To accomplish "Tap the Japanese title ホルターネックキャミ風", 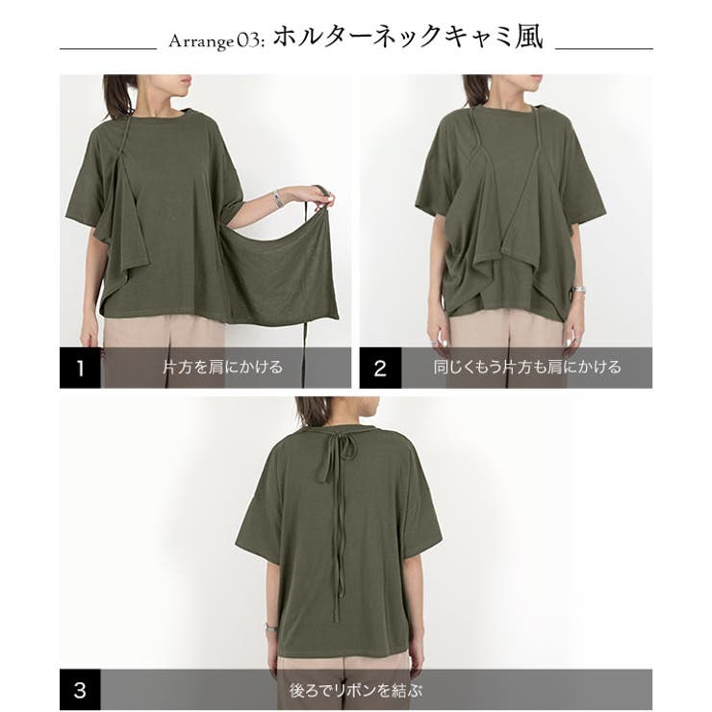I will [x=408, y=38].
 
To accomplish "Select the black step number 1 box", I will [x=80, y=368].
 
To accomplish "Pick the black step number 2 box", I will [x=379, y=368].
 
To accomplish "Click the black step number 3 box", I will [x=80, y=689].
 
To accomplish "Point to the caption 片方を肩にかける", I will [x=222, y=367].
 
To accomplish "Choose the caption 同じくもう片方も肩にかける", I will [x=526, y=367].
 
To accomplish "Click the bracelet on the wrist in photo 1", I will [x=278, y=198].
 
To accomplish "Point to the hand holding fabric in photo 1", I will [x=319, y=198].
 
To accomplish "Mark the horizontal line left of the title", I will [x=108, y=47].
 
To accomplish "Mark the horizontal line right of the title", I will [x=604, y=47].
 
